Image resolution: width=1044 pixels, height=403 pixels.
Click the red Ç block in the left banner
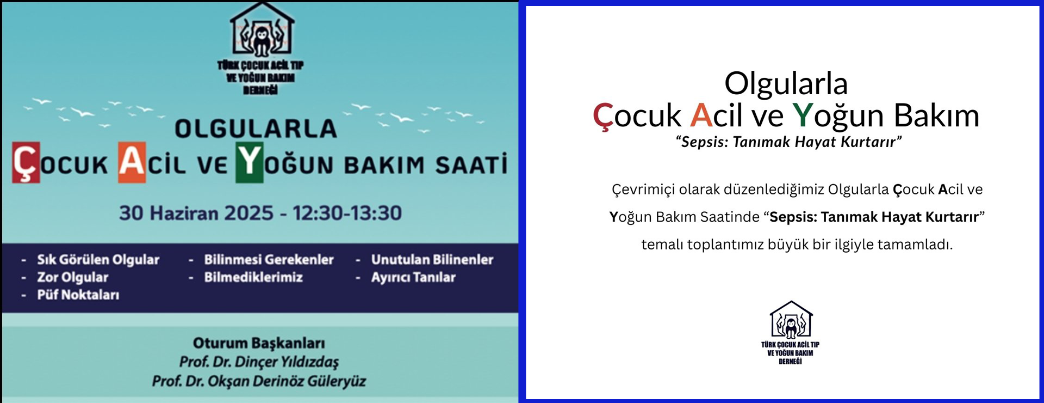26,162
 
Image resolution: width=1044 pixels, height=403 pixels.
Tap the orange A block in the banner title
132,162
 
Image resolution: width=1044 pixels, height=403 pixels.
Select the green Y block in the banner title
250,162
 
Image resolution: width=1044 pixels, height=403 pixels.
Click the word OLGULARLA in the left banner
256,129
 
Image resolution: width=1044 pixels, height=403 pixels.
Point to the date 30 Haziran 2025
196,213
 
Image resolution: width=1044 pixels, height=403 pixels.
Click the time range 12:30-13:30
347,213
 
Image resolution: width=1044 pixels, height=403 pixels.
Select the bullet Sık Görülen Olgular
98,260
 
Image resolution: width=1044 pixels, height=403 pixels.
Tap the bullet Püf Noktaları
78,295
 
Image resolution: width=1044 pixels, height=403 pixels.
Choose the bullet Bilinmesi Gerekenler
269,260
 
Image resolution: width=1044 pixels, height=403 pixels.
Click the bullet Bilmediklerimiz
253,277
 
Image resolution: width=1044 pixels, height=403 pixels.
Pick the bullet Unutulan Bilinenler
432,260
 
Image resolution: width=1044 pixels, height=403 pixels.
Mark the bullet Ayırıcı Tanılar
413,277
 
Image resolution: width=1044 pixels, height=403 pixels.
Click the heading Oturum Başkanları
259,343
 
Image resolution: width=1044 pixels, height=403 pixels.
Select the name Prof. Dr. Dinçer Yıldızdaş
259,362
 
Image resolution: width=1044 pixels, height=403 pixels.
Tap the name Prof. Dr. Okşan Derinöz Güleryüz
259,381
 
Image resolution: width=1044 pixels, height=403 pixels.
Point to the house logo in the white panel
791,320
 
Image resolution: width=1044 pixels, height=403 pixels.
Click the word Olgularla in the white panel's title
786,83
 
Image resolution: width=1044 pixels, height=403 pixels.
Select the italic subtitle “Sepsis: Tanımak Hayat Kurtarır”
788,142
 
